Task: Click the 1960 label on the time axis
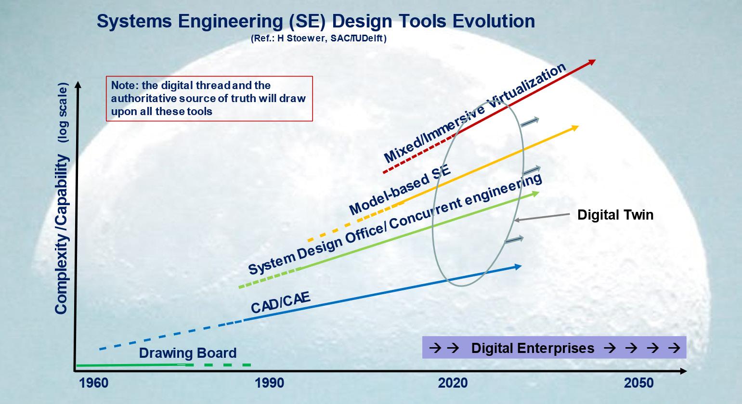(x=94, y=383)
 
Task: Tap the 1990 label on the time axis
(x=269, y=383)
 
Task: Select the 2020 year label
(x=453, y=383)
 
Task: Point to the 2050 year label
(x=638, y=383)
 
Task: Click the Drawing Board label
(x=188, y=353)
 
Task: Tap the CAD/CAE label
(x=281, y=302)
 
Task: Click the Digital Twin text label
(x=615, y=215)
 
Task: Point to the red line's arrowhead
(x=591, y=63)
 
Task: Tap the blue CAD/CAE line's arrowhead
(x=517, y=267)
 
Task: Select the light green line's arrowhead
(x=535, y=194)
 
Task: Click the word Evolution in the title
(x=494, y=21)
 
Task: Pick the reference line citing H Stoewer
(x=319, y=39)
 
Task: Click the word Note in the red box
(x=124, y=85)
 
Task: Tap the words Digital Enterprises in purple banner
(x=533, y=348)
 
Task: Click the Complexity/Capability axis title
(x=62, y=234)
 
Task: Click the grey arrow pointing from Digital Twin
(x=541, y=217)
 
